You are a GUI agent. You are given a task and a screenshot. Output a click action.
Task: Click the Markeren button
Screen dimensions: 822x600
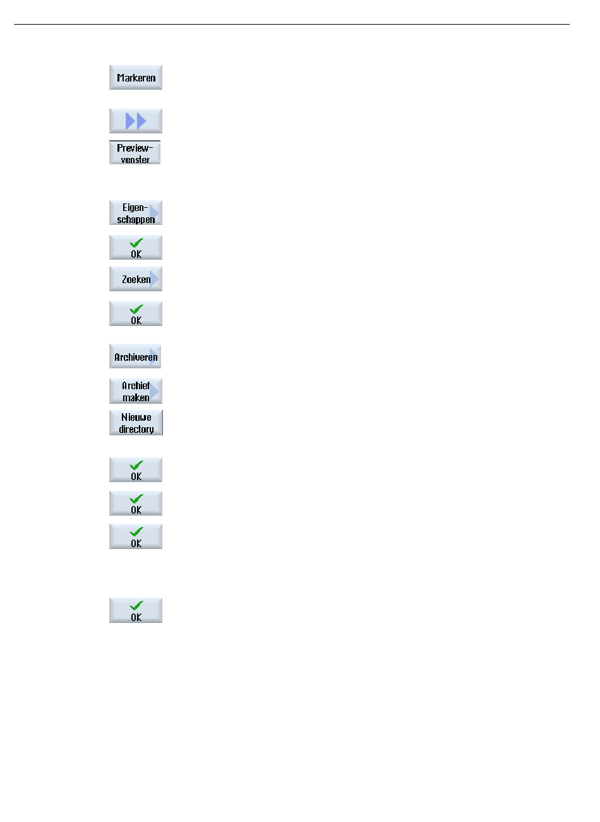[x=136, y=78]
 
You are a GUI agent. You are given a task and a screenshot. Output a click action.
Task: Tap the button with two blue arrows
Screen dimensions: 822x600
[x=136, y=121]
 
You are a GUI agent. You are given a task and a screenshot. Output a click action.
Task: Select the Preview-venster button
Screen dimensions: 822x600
[x=135, y=153]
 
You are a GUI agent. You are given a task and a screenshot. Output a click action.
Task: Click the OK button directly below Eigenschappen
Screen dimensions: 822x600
[x=136, y=248]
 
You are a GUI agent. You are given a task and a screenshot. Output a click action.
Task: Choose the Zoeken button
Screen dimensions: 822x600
[x=136, y=279]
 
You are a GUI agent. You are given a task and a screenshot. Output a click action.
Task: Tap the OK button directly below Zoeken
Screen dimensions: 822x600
[x=136, y=314]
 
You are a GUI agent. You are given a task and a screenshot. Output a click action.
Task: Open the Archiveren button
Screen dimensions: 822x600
[x=136, y=357]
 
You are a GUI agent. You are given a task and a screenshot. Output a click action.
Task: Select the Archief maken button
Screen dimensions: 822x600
[x=136, y=391]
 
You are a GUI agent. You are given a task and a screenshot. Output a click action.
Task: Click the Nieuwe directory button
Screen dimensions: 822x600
[x=136, y=423]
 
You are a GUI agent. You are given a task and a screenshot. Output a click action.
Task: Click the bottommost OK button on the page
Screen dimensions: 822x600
[x=136, y=611]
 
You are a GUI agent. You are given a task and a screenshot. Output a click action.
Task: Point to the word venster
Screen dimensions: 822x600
[x=136, y=160]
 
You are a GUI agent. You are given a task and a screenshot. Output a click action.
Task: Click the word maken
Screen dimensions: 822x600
[x=136, y=398]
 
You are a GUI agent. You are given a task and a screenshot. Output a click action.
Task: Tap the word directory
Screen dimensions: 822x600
[x=136, y=430]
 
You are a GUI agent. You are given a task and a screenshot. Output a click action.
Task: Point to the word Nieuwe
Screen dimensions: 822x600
[x=136, y=417]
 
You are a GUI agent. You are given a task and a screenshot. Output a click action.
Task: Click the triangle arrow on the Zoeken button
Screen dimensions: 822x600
[x=155, y=279]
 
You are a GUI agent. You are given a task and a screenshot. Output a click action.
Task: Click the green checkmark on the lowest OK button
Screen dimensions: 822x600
[x=136, y=605]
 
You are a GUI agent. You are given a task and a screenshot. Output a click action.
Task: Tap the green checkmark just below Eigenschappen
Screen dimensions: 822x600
[x=136, y=243]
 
